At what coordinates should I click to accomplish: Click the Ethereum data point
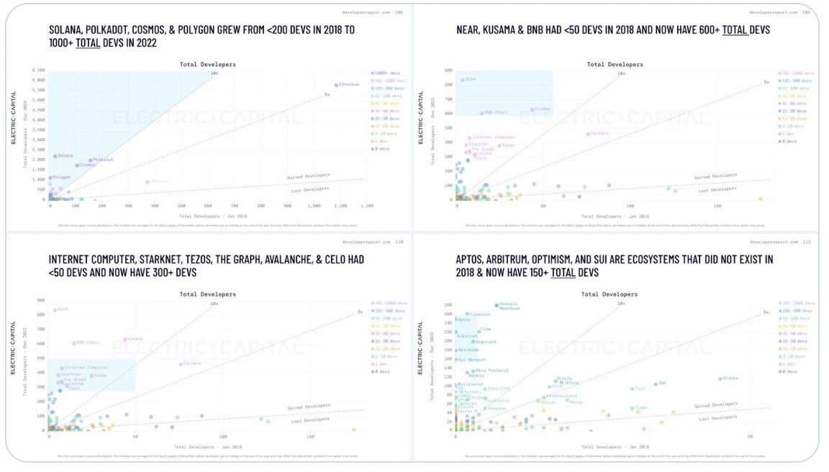[336, 85]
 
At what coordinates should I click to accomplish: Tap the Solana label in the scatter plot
[65, 155]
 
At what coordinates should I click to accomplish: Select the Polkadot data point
[91, 160]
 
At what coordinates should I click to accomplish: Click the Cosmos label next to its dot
[87, 165]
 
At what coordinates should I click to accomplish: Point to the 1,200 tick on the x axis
[367, 206]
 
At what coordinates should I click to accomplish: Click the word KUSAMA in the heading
[499, 29]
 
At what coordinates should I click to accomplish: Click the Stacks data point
[720, 378]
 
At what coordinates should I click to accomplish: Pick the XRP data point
[656, 383]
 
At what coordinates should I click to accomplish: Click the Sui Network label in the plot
[473, 360]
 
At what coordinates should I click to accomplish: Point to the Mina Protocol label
[493, 371]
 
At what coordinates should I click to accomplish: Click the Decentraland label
[561, 396]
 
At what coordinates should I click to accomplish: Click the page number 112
[806, 242]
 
